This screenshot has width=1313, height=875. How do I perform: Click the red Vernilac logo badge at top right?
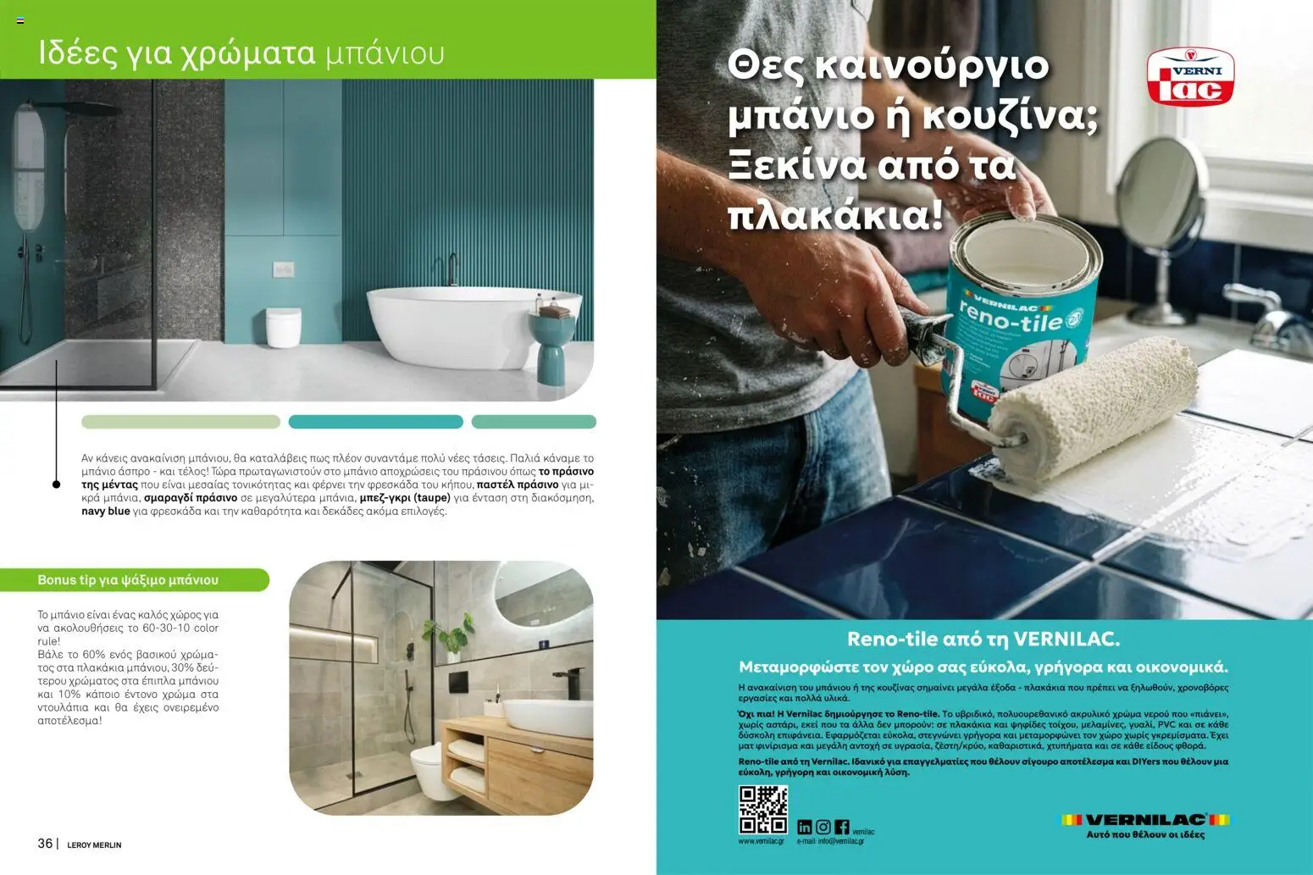tap(1190, 77)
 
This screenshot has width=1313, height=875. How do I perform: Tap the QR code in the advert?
tap(762, 810)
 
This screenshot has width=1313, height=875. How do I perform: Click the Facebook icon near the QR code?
tap(841, 827)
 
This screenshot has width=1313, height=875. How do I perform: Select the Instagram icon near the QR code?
tap(823, 827)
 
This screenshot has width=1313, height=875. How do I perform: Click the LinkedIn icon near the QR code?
tap(804, 827)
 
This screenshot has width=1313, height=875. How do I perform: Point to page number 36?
tap(45, 844)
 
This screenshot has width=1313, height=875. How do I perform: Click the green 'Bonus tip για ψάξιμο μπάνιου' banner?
tap(134, 580)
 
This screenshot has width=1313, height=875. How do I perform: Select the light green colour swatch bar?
tap(180, 422)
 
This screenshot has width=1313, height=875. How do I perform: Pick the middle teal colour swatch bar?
tap(375, 422)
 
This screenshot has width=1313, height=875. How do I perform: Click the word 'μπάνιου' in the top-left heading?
tap(385, 53)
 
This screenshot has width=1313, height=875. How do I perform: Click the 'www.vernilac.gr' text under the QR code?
tap(761, 841)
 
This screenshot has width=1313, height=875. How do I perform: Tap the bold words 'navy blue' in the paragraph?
tap(106, 512)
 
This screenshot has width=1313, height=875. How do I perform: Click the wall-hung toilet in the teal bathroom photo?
tap(283, 326)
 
